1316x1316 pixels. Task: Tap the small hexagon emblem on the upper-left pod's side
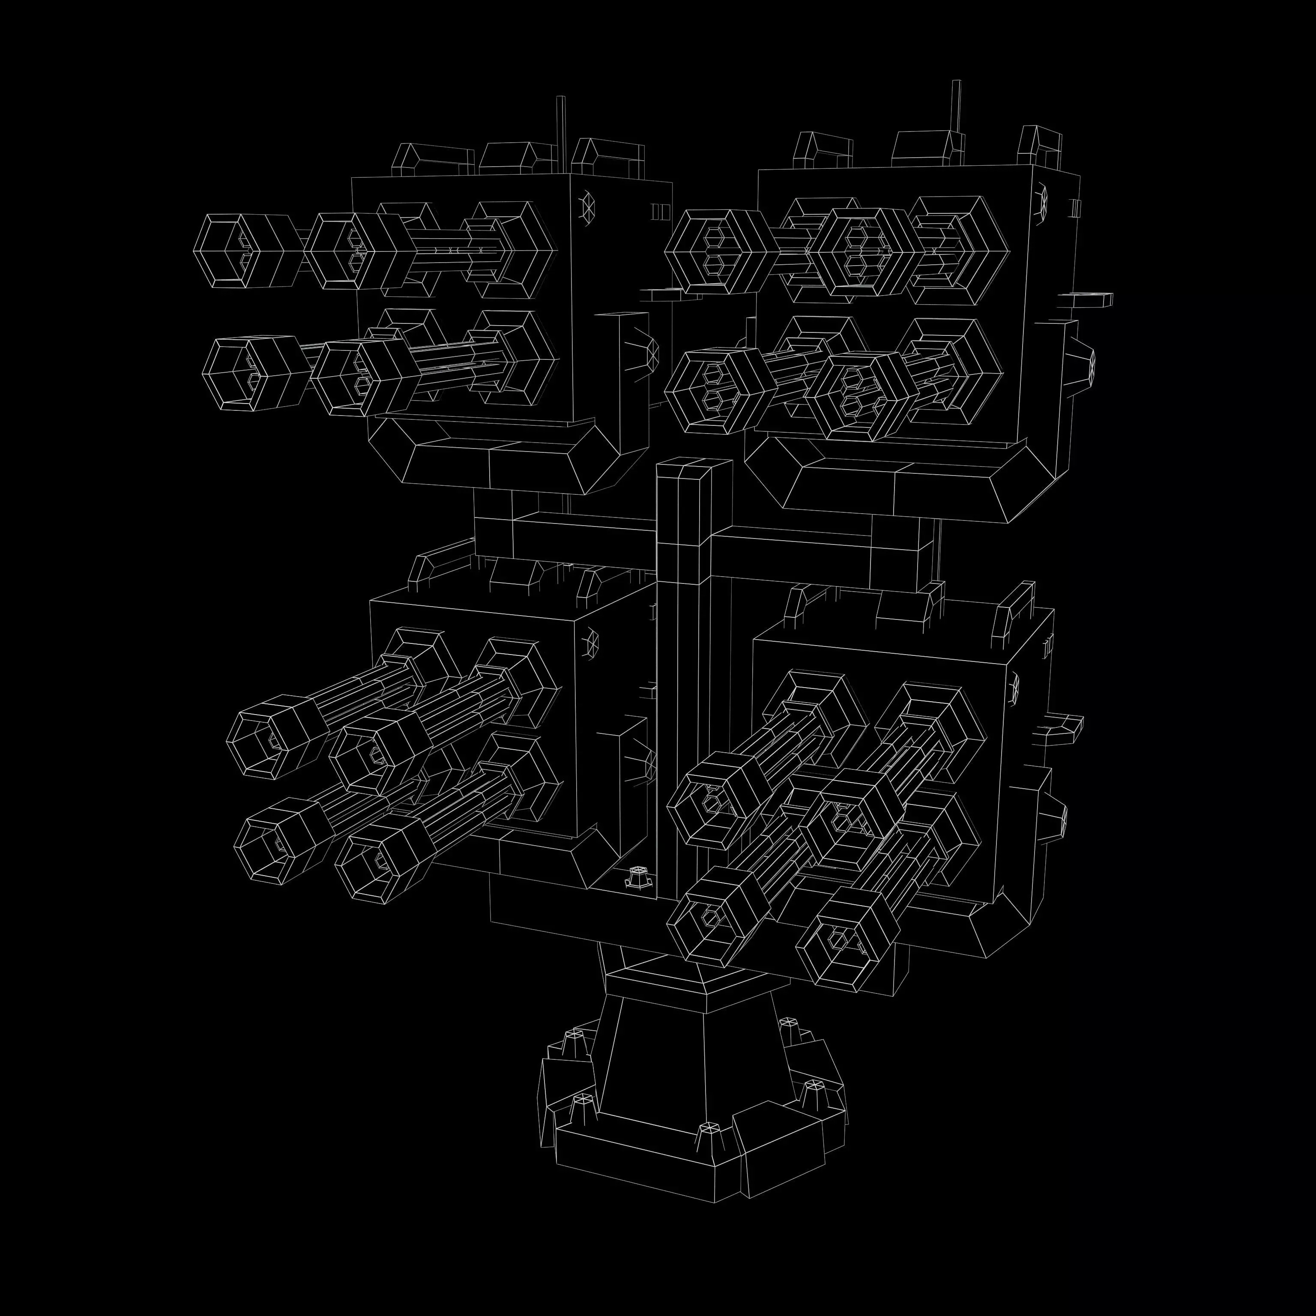tap(587, 204)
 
